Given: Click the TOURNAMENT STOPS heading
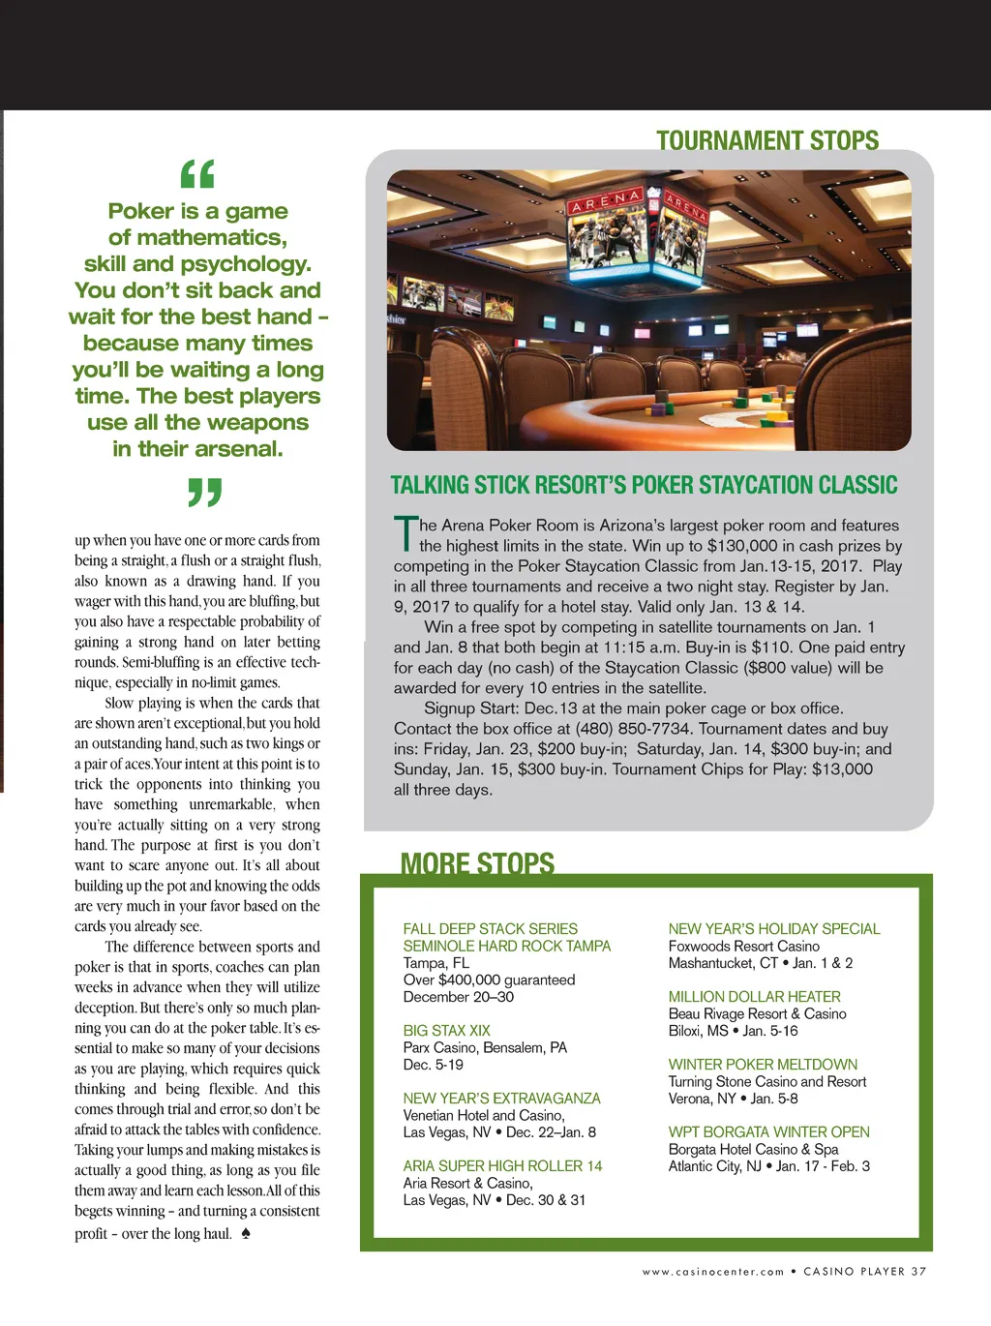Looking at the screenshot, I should pyautogui.click(x=767, y=141).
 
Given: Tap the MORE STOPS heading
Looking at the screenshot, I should pyautogui.click(x=477, y=863).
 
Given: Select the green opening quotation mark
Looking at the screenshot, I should pyautogui.click(x=197, y=174).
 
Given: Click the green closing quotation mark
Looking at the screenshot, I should pyautogui.click(x=204, y=493).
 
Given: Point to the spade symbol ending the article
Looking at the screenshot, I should pyautogui.click(x=246, y=1233).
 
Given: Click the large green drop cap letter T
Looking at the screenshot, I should pyautogui.click(x=405, y=533).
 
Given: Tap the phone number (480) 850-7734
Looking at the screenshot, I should pyautogui.click(x=635, y=729).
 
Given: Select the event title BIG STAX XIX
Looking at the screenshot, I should pyautogui.click(x=446, y=1031).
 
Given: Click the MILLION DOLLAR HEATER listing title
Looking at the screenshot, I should pyautogui.click(x=754, y=997).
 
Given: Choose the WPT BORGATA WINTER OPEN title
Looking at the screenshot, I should pyautogui.click(x=768, y=1132).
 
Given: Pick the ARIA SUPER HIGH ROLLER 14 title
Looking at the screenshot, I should pyautogui.click(x=502, y=1166).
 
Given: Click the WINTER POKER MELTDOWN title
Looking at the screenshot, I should pyautogui.click(x=763, y=1065).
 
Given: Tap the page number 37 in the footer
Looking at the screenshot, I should pyautogui.click(x=918, y=1272).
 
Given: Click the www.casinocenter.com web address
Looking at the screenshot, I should pyautogui.click(x=713, y=1272).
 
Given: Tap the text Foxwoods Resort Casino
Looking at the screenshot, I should pyautogui.click(x=743, y=947).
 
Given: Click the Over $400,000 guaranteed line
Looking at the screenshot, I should pyautogui.click(x=489, y=980).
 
